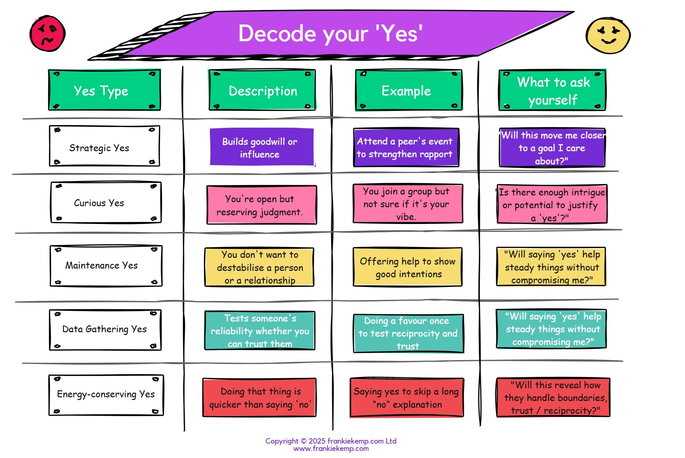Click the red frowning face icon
click(48, 34)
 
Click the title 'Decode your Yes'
click(330, 34)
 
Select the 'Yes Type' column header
click(104, 90)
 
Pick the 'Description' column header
click(262, 91)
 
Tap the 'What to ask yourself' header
click(552, 91)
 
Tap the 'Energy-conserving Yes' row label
click(106, 395)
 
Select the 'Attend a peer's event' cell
click(406, 148)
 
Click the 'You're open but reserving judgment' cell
click(261, 205)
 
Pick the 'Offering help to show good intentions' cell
click(407, 267)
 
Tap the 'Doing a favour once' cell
click(408, 333)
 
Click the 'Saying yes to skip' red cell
click(406, 398)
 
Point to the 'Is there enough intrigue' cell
click(552, 204)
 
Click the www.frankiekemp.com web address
click(331, 449)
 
